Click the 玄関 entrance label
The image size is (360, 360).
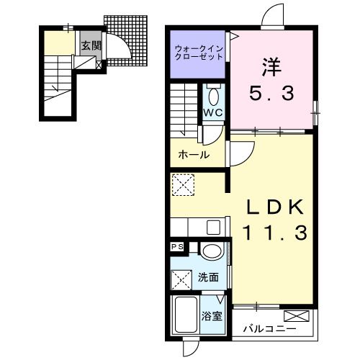[91, 45]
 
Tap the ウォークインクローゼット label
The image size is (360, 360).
[199, 53]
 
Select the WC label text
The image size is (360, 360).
[213, 112]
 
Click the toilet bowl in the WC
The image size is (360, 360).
[214, 96]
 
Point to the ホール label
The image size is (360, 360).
[194, 155]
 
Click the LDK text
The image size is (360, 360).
[275, 207]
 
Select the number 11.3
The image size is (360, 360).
[275, 233]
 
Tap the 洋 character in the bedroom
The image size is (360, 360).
[271, 67]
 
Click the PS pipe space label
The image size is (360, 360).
[177, 247]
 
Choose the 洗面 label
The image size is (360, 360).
[208, 278]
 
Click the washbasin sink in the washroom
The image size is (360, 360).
[212, 251]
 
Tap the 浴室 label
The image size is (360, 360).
[212, 316]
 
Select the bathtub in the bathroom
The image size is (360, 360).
[186, 315]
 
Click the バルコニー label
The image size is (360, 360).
[269, 328]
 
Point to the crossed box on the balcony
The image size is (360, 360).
[297, 316]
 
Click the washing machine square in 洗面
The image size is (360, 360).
[181, 280]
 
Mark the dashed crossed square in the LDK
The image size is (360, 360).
[184, 185]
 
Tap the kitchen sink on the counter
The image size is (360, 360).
[213, 227]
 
